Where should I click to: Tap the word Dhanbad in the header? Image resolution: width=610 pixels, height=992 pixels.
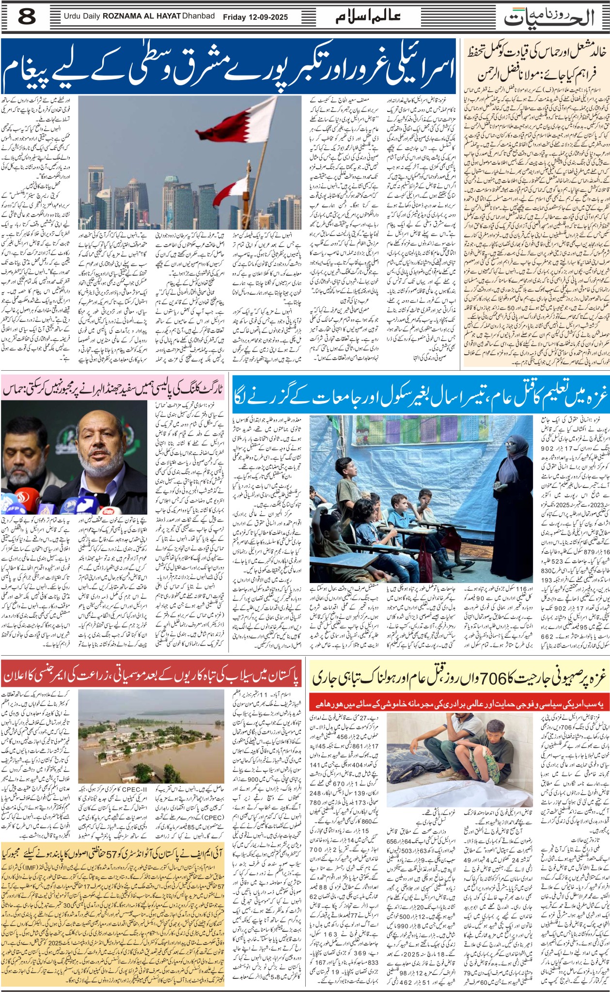(x=198, y=16)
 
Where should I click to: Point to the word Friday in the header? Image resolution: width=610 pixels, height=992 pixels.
(x=234, y=17)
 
